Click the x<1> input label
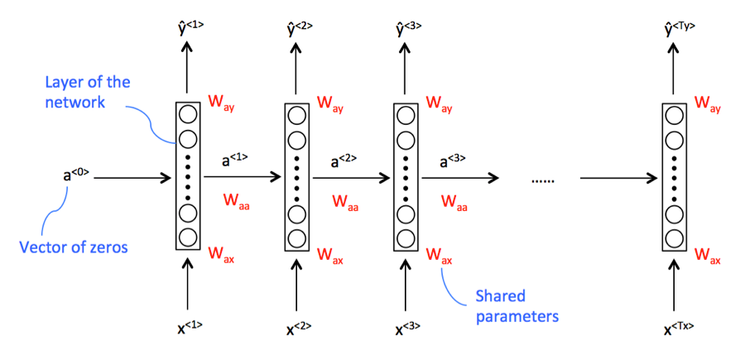pos(190,329)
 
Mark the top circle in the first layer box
pos(187,114)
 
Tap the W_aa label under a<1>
pos(236,200)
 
